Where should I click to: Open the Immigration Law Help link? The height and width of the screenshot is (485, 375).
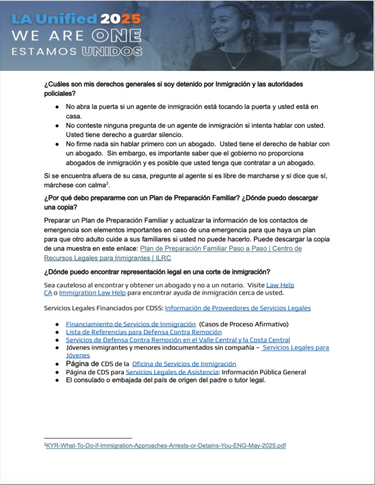pos(92,293)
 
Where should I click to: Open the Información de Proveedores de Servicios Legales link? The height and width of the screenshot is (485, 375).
pos(237,309)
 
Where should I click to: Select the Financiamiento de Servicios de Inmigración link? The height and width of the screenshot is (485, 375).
pos(130,324)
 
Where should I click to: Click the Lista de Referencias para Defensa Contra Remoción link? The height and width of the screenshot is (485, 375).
pos(143,332)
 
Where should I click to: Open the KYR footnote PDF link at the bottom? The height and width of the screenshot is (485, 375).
pos(166,446)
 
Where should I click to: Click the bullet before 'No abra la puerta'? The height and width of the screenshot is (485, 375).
pos(56,107)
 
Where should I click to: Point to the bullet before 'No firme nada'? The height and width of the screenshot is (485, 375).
pos(56,144)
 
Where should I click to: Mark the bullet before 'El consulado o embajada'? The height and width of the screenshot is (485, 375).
pos(56,380)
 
